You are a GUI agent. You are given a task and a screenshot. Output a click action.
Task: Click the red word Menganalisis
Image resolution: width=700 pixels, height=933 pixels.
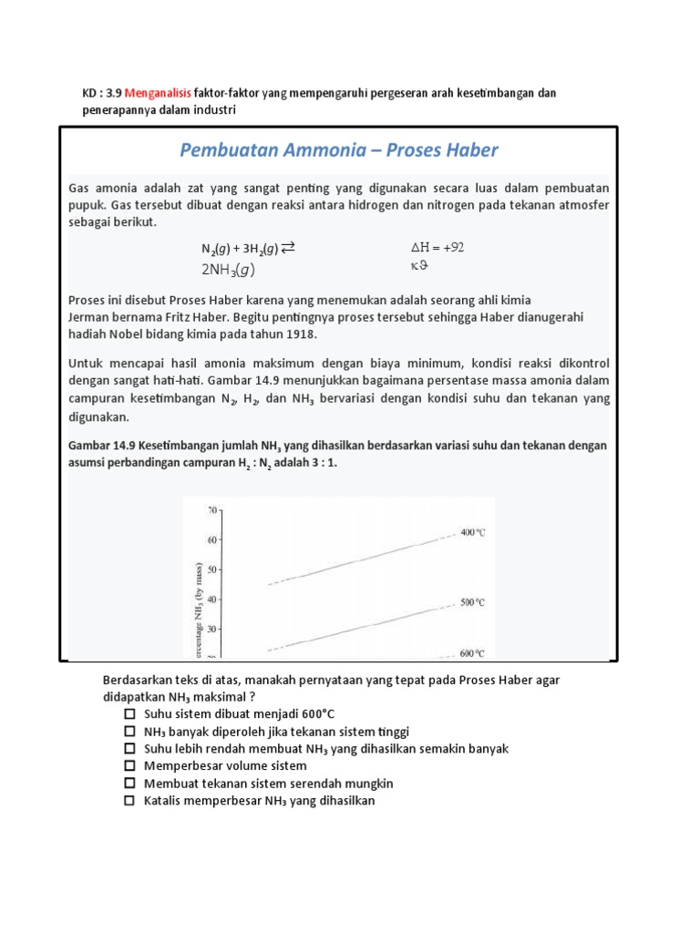[x=159, y=94]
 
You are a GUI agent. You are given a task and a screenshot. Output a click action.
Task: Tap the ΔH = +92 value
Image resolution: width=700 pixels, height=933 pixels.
[x=438, y=247]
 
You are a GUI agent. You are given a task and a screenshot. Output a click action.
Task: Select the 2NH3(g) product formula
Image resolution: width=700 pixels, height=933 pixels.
[x=228, y=269]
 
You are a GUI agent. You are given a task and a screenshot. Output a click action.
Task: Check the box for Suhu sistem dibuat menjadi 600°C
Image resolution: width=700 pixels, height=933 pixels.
[x=130, y=713]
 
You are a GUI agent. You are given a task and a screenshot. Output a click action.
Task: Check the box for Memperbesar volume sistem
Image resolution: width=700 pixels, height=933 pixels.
[x=130, y=766]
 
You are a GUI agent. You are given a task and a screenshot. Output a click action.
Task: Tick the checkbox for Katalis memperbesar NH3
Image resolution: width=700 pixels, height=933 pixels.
[x=130, y=801]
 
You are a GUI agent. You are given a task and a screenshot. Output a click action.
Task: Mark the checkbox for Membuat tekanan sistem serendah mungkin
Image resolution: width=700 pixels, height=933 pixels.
[x=130, y=784]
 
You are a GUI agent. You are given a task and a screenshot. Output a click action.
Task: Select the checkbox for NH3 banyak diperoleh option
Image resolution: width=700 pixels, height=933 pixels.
[x=130, y=731]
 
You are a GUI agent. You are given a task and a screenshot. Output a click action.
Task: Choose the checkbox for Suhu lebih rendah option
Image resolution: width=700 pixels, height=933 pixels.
[x=130, y=748]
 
